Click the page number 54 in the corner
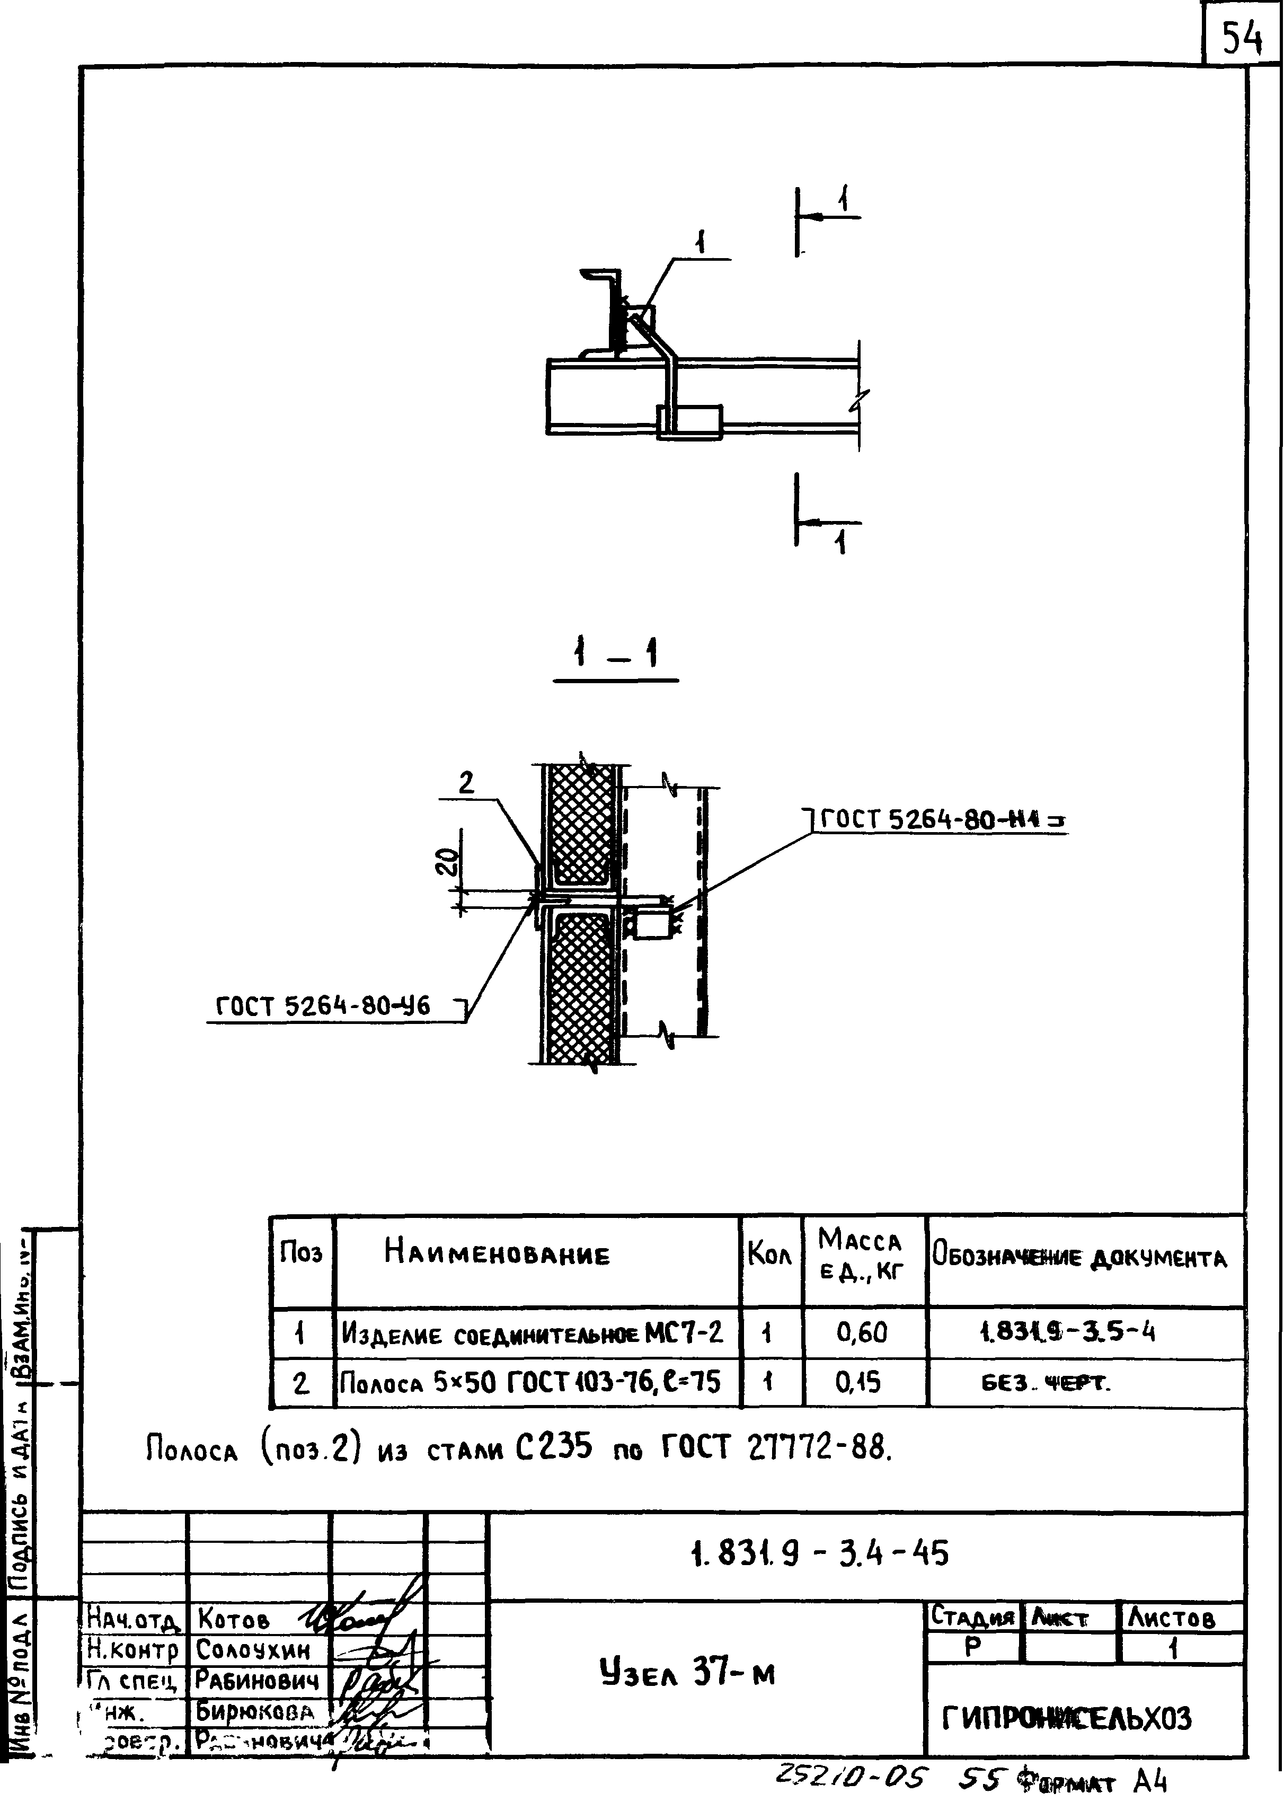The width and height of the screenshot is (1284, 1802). [x=1241, y=37]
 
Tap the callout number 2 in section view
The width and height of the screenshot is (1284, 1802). [x=466, y=783]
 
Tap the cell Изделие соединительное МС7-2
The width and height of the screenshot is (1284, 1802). [x=532, y=1333]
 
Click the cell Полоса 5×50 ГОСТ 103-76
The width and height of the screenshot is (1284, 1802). [x=530, y=1382]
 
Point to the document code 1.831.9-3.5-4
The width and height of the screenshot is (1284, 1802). [x=1067, y=1332]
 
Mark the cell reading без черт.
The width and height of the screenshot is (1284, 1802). [x=1045, y=1383]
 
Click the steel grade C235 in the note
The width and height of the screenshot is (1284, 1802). [x=553, y=1448]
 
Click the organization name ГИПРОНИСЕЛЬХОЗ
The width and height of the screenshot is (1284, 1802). [x=1067, y=1718]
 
